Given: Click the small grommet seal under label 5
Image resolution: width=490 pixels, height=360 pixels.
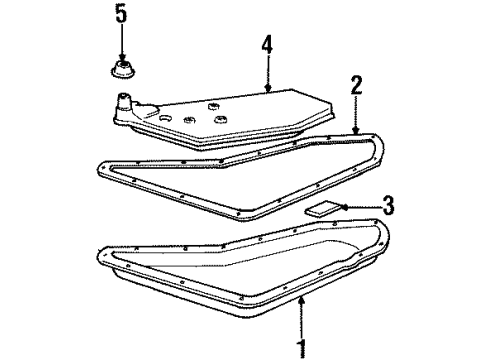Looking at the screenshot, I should [122, 71].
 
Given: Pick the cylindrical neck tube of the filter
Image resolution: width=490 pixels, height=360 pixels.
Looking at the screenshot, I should [124, 103].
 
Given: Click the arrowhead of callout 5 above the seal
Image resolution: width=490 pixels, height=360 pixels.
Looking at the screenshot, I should [121, 58].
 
